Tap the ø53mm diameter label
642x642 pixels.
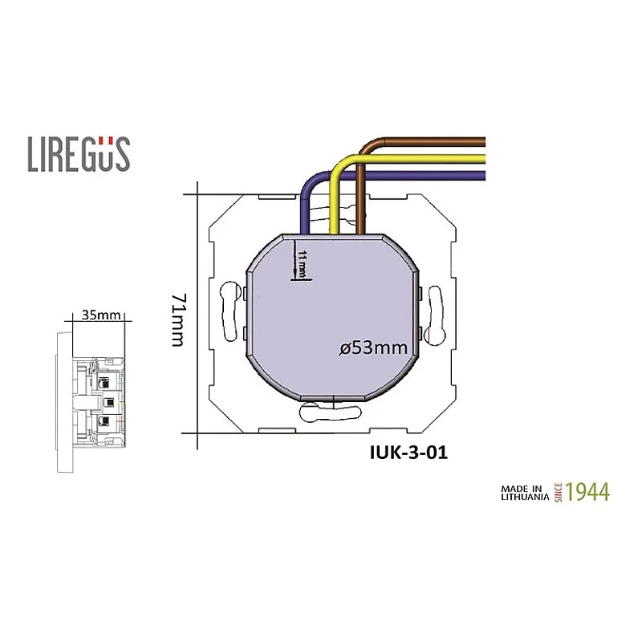[374, 348]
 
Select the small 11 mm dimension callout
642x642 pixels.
[303, 263]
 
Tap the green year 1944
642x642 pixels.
[587, 491]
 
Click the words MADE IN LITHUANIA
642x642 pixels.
[523, 492]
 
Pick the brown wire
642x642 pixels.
[425, 143]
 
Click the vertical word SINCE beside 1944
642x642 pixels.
[556, 491]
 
